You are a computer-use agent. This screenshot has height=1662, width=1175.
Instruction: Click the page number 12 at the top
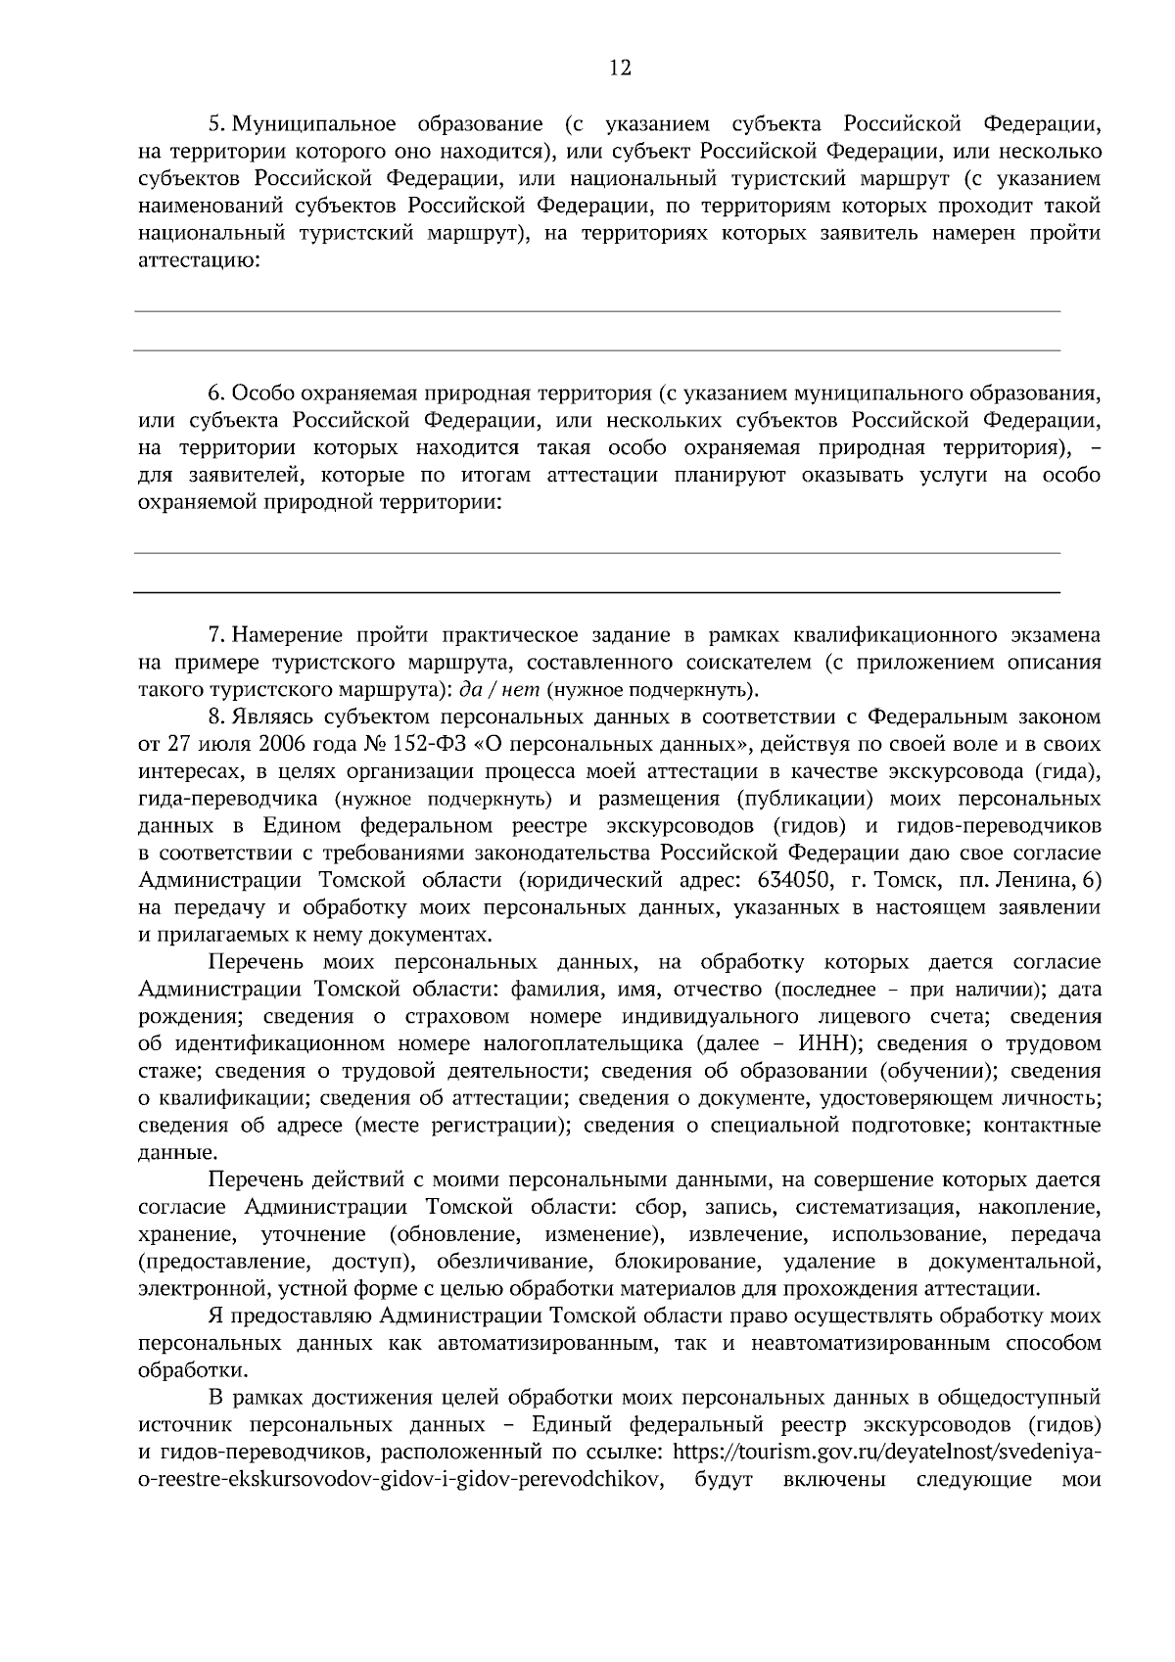coord(620,68)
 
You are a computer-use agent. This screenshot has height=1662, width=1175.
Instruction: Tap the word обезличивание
coord(506,1261)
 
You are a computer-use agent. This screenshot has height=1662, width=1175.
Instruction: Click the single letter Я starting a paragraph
coord(215,1315)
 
